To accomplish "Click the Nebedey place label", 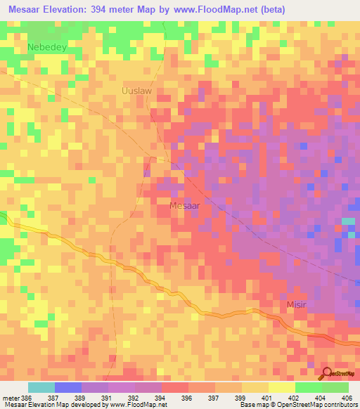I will tap(46, 47).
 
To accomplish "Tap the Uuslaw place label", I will tap(136, 91).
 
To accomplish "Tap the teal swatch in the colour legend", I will tap(41, 388).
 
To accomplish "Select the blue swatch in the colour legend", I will tap(68, 388).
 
